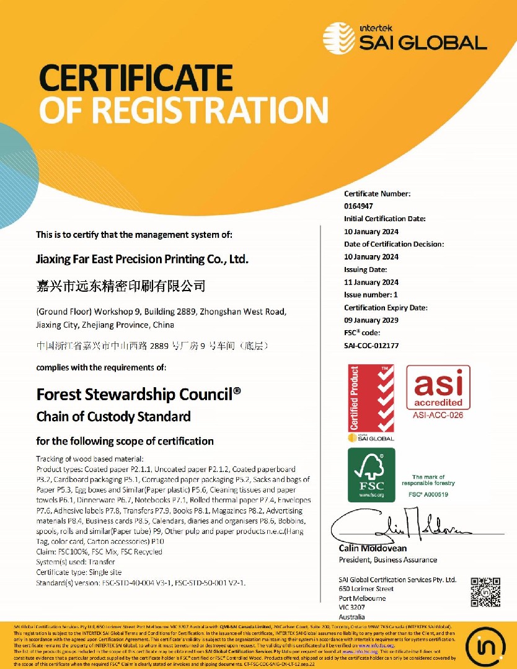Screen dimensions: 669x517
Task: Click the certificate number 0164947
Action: point(358,206)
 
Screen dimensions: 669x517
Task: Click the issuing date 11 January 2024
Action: point(371,282)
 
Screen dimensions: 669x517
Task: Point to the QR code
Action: point(485,593)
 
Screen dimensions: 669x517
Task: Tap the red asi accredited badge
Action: point(438,388)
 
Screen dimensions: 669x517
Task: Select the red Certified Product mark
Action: point(371,399)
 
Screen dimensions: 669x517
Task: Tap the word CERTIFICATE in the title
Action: point(136,79)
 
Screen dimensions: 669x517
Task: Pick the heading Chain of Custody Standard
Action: point(113,416)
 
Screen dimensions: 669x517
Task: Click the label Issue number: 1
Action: point(371,295)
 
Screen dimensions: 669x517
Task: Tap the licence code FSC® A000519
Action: point(428,494)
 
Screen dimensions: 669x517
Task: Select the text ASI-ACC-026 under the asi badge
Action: point(438,415)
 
